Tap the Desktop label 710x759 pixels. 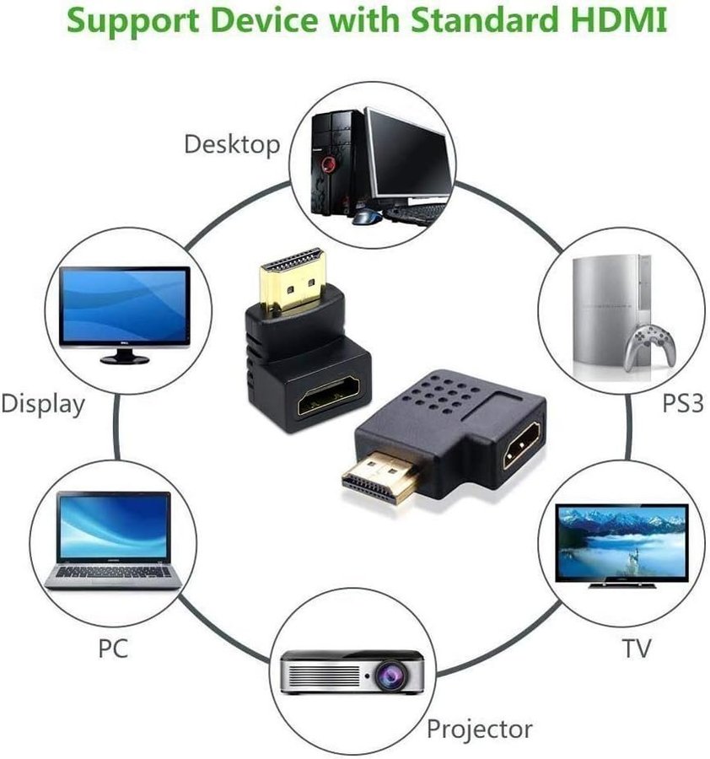click(231, 144)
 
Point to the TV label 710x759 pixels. click(637, 648)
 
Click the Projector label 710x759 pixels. click(479, 728)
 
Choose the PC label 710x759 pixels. click(112, 649)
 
